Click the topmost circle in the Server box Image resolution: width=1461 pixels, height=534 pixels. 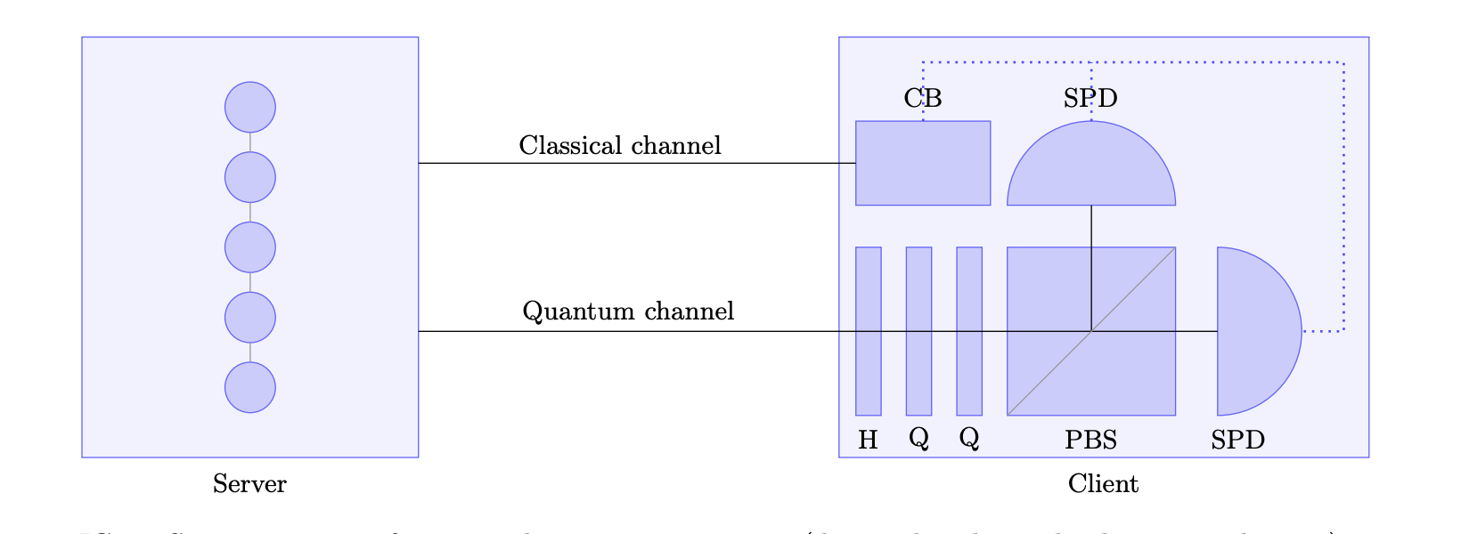[249, 107]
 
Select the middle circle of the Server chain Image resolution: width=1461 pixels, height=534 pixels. [249, 247]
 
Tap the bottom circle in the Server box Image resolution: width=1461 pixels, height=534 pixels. [249, 387]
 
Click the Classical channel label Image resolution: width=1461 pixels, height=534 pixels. [620, 145]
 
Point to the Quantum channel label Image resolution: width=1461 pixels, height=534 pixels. [628, 311]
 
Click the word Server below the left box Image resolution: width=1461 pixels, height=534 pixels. [249, 484]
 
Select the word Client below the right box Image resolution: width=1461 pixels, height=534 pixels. [1103, 484]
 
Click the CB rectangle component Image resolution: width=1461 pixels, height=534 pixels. [923, 163]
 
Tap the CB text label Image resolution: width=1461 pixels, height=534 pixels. [923, 98]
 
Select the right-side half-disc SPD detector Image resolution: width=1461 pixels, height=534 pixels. [1252, 331]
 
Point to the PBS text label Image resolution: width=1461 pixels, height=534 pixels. [1090, 440]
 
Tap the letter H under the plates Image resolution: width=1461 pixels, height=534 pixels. [868, 440]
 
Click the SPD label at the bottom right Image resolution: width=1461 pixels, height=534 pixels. [1237, 440]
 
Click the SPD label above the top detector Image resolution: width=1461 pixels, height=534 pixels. [1090, 98]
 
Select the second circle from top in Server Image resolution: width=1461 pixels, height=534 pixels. [249, 177]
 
